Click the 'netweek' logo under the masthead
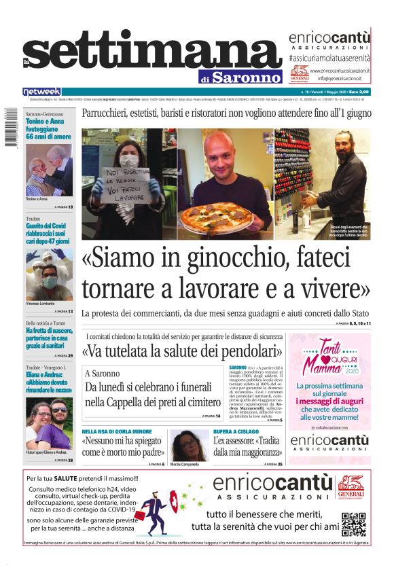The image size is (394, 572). [41, 92]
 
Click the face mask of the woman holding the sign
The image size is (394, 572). [129, 161]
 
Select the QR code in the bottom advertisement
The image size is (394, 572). [354, 525]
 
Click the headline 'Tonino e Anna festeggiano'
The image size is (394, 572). [48, 128]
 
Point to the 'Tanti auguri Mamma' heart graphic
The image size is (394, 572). [329, 357]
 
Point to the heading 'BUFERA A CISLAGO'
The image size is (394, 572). [237, 431]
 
